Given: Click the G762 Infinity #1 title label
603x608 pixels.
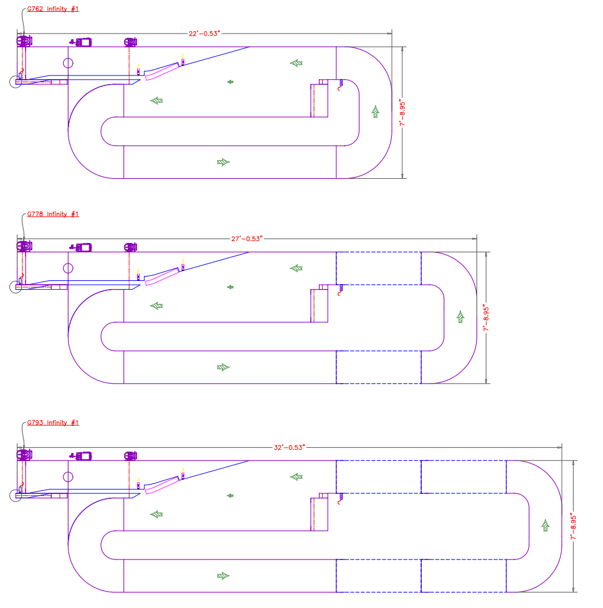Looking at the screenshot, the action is coord(53,9).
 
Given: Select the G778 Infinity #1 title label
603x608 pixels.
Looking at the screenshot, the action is coord(53,214).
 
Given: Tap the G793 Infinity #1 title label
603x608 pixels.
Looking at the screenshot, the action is coord(53,422).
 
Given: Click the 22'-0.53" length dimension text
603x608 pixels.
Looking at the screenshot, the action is coord(204,34).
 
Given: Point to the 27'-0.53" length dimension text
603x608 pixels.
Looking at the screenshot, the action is coord(247,239).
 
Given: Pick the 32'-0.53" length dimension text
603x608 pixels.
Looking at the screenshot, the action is coord(290,447).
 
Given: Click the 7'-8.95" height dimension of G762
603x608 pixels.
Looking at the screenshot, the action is coord(402,113).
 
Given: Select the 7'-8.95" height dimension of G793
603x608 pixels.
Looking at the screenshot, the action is coord(574,527).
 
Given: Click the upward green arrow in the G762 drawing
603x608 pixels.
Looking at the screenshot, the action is coord(376,112).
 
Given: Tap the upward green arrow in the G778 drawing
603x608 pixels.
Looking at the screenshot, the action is coord(461,317).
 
